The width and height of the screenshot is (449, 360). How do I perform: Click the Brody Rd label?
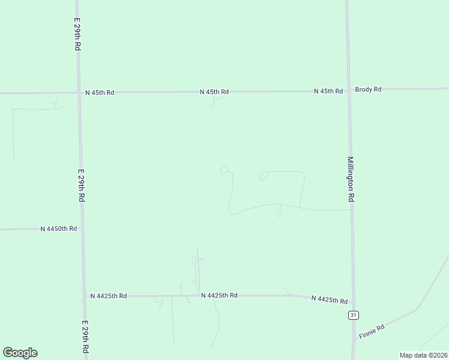point(368,89)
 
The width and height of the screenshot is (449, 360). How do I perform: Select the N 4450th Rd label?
point(59,229)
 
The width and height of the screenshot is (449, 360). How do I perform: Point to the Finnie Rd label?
point(371,330)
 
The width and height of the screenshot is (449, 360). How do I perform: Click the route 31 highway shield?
point(354,315)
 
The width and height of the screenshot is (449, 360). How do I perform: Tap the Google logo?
point(20,353)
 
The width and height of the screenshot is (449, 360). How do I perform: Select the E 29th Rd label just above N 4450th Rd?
point(81,187)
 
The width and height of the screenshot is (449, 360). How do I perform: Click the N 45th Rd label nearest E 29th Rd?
point(100,92)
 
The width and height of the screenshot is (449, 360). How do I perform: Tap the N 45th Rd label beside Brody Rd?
point(328,91)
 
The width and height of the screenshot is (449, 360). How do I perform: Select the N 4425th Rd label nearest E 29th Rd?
point(108,296)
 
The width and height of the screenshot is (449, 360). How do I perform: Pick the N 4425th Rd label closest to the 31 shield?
point(330,299)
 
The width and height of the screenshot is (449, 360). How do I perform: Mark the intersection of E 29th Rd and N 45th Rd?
point(79,92)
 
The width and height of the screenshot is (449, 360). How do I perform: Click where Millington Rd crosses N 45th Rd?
point(348,91)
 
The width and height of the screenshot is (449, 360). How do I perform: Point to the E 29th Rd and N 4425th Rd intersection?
point(83,296)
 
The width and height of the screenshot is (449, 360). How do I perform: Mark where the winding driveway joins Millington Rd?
point(351,209)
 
